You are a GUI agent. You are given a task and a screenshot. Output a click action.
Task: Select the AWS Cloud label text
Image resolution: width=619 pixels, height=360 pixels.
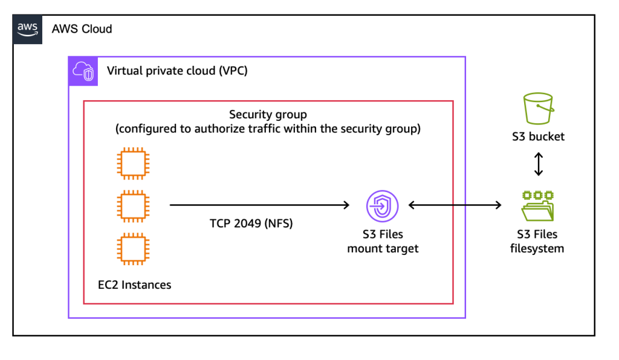point(82,29)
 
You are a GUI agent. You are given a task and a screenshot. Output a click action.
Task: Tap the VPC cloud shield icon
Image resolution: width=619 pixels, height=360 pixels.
point(83,71)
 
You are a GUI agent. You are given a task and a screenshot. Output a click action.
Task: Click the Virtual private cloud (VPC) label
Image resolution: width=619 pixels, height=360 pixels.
point(177,71)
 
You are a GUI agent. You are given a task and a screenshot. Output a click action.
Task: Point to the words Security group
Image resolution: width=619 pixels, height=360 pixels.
point(268,114)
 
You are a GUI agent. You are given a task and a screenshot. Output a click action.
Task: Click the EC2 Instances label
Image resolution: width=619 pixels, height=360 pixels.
point(134,284)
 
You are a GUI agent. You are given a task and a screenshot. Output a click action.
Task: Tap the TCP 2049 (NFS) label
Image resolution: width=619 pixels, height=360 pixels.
point(251,223)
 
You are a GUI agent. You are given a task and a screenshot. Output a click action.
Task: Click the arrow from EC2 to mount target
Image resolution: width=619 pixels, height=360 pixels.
point(260,205)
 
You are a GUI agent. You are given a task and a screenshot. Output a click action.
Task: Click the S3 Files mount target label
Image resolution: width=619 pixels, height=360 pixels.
point(383,241)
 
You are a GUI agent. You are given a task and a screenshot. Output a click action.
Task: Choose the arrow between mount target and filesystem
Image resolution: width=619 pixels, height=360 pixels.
point(455,205)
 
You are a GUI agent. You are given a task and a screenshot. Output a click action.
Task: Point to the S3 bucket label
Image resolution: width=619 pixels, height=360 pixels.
point(538,137)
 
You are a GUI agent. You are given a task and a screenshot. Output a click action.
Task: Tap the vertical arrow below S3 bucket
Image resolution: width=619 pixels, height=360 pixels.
point(538,164)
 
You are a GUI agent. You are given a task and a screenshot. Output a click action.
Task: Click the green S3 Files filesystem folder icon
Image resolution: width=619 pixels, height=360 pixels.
point(537,207)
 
